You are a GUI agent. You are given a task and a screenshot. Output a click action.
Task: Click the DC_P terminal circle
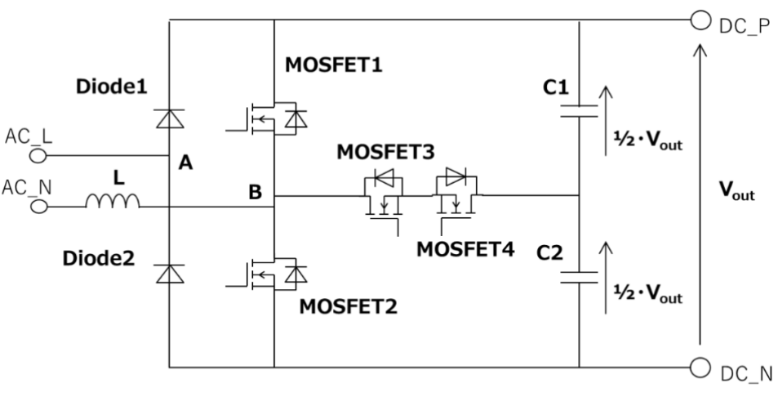[x=700, y=20]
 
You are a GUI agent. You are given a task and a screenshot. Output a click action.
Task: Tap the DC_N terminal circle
[x=700, y=368]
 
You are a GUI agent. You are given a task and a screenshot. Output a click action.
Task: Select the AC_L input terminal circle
[x=38, y=156]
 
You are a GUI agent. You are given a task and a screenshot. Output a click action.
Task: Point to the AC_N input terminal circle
[x=39, y=207]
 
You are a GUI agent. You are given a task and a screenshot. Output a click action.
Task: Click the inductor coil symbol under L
[x=113, y=201]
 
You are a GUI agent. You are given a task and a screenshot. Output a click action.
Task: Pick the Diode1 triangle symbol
[x=170, y=118]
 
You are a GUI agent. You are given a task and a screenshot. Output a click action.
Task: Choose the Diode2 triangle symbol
[x=170, y=274]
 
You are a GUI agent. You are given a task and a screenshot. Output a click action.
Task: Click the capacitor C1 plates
[x=579, y=111]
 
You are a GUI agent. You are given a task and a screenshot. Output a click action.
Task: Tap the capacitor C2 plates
[x=579, y=278]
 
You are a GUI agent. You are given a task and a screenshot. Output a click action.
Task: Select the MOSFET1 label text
[x=333, y=65]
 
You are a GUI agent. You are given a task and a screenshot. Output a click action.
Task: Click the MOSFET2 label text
[x=348, y=306]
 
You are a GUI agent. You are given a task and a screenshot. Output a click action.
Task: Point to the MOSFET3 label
[x=385, y=152]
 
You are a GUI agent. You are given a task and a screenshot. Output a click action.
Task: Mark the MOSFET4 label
[x=465, y=249]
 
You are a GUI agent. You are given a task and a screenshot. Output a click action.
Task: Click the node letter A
[x=185, y=163]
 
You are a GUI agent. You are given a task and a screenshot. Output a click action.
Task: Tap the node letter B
[x=255, y=192]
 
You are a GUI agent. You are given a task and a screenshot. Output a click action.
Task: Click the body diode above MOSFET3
[x=383, y=177]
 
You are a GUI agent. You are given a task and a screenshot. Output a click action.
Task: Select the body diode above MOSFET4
[x=456, y=176]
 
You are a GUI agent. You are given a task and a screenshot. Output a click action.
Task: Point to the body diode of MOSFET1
[x=296, y=119]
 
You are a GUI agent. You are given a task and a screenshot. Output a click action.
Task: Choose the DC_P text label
[x=745, y=26]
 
